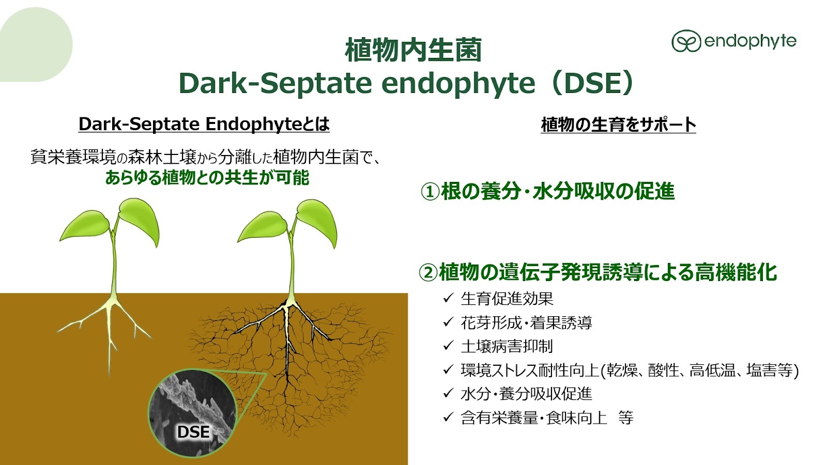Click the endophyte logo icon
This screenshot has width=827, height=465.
[x=686, y=41]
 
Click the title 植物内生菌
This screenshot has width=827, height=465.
[x=413, y=50]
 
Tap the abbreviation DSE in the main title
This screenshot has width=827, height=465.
[x=593, y=83]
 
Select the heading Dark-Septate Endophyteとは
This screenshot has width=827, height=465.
[x=204, y=124]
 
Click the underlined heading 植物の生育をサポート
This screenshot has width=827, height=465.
[x=618, y=125]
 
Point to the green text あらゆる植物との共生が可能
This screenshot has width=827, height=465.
[x=207, y=178]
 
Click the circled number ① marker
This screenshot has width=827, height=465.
[x=430, y=192]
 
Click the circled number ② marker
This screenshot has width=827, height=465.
[x=428, y=273]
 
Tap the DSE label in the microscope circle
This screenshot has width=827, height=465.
[x=193, y=432]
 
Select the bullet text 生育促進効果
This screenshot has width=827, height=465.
[x=507, y=299]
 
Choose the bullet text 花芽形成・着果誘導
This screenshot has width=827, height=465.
[x=527, y=322]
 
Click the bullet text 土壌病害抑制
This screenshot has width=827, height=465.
[x=507, y=346]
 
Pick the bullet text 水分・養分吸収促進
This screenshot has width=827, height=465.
[x=527, y=394]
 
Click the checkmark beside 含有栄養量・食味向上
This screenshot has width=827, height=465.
[x=448, y=417]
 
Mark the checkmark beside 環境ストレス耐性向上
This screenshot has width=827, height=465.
[x=448, y=370]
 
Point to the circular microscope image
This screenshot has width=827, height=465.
[x=192, y=413]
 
